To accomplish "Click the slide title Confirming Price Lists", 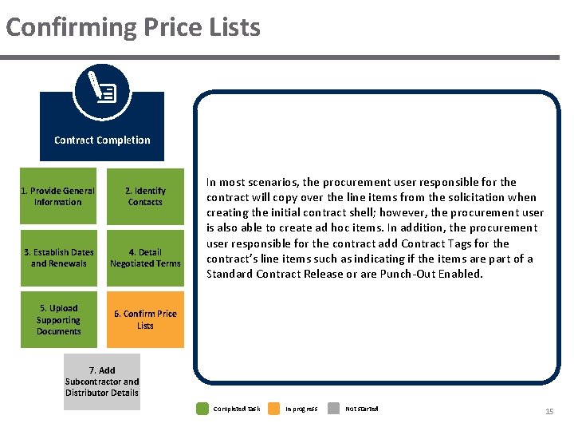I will pyautogui.click(x=133, y=27).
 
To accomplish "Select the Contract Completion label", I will pyautogui.click(x=102, y=140).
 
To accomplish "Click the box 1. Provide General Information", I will pyautogui.click(x=58, y=196).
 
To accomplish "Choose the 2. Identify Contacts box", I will pyautogui.click(x=145, y=196).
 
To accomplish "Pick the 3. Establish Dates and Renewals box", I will pyautogui.click(x=58, y=258).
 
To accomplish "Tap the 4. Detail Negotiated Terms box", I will pyautogui.click(x=145, y=258).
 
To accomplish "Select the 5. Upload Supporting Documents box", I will pyautogui.click(x=58, y=319).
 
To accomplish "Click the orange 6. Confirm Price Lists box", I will pyautogui.click(x=145, y=319).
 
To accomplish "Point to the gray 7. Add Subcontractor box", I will pyautogui.click(x=102, y=382).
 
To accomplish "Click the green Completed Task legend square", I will pyautogui.click(x=202, y=409).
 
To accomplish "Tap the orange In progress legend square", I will pyautogui.click(x=273, y=409).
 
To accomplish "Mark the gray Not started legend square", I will pyautogui.click(x=335, y=409).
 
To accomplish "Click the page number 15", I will pyautogui.click(x=548, y=410).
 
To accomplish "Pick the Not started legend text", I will pyautogui.click(x=362, y=409).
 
